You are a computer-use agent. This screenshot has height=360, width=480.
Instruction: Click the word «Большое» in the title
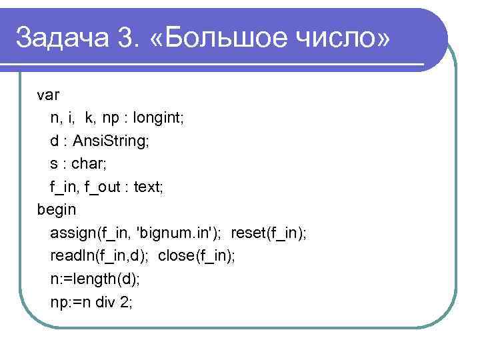[x=217, y=37]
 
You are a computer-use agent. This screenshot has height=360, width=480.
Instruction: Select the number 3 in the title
[x=125, y=37]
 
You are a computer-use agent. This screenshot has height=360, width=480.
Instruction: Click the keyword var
[x=48, y=95]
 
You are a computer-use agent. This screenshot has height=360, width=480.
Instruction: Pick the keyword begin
[x=57, y=209]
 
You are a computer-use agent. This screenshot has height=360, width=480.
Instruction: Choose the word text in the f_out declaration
[x=148, y=187]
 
